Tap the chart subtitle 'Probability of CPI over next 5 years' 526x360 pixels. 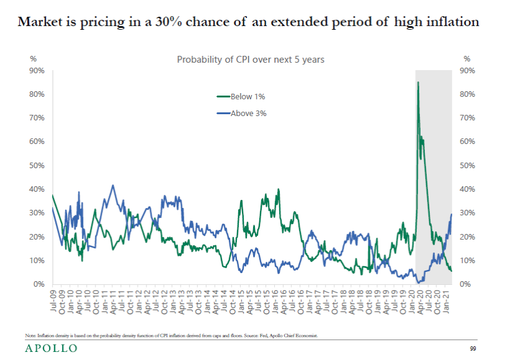pyautogui.click(x=251, y=60)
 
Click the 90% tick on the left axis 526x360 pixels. pyautogui.click(x=37, y=70)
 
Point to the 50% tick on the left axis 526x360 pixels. pyautogui.click(x=37, y=166)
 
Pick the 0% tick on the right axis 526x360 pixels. pyautogui.click(x=466, y=284)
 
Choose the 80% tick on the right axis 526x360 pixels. pyautogui.click(x=466, y=94)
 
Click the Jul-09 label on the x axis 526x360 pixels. pyautogui.click(x=53, y=300)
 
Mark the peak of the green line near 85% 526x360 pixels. pyautogui.click(x=418, y=82)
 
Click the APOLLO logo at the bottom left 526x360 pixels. pyautogui.click(x=51, y=349)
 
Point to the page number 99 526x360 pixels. pyautogui.click(x=473, y=349)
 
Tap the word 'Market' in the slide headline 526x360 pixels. pyautogui.click(x=38, y=22)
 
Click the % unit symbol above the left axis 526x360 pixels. pyautogui.click(x=33, y=59)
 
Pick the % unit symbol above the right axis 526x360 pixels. pyautogui.click(x=466, y=59)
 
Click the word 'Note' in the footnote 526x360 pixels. pyautogui.click(x=30, y=336)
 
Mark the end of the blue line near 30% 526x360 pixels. pyautogui.click(x=452, y=214)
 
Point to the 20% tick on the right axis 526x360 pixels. pyautogui.click(x=466, y=237)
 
